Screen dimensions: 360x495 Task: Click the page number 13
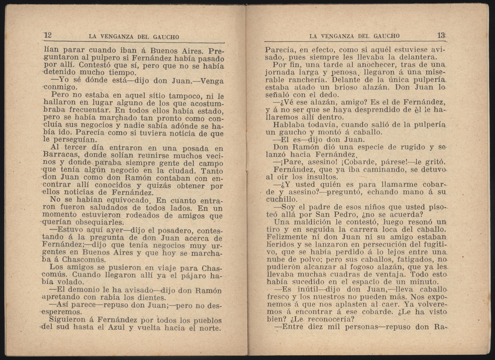pos(441,35)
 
